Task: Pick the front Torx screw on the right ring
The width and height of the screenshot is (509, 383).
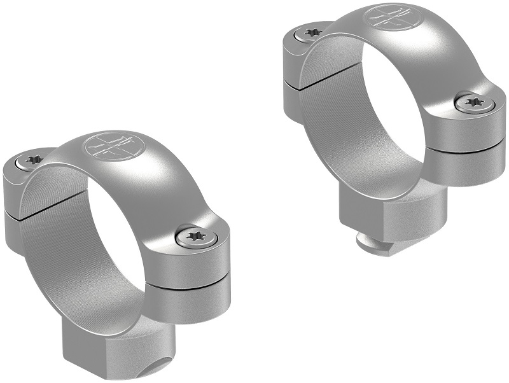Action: pos(473,101)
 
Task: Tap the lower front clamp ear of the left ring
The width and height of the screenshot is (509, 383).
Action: pos(191,299)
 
